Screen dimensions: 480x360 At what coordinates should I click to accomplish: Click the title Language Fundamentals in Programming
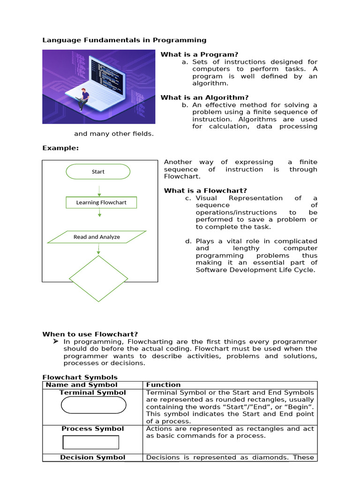click(x=124, y=40)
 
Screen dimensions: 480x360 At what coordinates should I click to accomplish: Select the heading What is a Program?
click(x=199, y=54)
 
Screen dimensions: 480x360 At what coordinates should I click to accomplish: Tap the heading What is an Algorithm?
click(x=204, y=97)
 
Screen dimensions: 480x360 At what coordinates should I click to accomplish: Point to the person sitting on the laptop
click(x=83, y=99)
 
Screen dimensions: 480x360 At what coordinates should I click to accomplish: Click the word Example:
click(x=60, y=148)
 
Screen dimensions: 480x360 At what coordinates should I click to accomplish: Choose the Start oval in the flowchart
click(x=98, y=172)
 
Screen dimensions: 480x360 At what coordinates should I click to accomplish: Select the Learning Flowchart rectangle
click(x=101, y=202)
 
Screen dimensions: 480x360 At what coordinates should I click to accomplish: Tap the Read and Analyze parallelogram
click(x=97, y=237)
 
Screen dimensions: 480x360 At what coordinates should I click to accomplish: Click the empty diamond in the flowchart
click(x=98, y=278)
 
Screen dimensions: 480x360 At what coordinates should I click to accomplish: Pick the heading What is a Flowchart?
click(x=205, y=190)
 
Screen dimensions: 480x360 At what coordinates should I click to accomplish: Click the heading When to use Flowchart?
click(x=90, y=334)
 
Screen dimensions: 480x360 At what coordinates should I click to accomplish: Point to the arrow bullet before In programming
click(x=56, y=342)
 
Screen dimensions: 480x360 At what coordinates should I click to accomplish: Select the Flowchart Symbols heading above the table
click(x=80, y=377)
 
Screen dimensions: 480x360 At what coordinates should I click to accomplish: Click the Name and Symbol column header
click(x=82, y=385)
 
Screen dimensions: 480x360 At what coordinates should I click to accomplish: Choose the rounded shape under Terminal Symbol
click(x=94, y=405)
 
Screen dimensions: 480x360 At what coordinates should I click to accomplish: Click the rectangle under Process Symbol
click(x=90, y=442)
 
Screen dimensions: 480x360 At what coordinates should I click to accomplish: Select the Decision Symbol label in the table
click(x=93, y=457)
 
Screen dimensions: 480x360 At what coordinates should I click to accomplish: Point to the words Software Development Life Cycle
click(x=255, y=270)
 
